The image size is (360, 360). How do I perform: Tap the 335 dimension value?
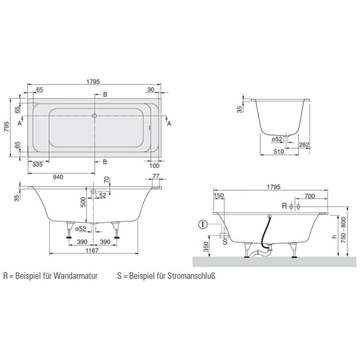pos(37,165)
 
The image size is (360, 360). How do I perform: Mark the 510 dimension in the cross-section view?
pos(278,151)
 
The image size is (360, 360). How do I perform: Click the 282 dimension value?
pos(304,145)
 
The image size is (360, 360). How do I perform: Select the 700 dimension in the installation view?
pos(310,196)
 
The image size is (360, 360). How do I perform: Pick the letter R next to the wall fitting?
pos(284,206)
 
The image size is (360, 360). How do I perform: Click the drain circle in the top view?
pos(94,116)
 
